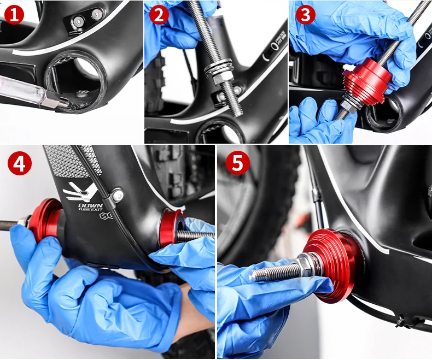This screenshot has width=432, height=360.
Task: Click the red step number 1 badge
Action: click(14, 14)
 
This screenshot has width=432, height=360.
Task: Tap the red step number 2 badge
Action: click(159, 14)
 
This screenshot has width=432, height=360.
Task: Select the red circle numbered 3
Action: click(305, 14)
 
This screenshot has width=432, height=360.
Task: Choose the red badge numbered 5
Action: click(238, 163)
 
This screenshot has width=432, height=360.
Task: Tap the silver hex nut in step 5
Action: click(304, 267)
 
